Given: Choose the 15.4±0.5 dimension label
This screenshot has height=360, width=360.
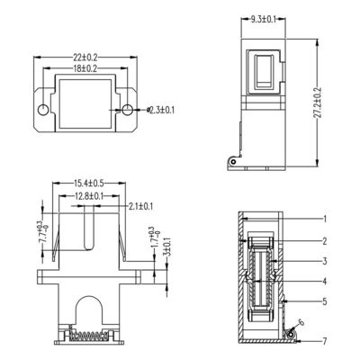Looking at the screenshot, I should pyautogui.click(x=87, y=184).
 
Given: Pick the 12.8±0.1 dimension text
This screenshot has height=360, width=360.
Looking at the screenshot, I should pyautogui.click(x=87, y=195).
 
